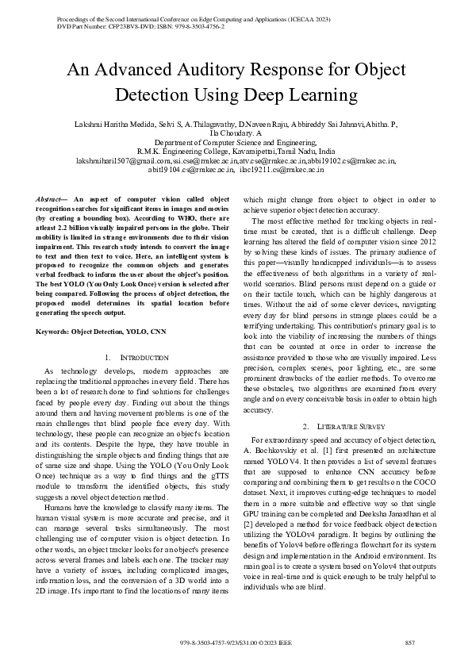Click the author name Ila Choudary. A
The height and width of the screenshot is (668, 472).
point(235,134)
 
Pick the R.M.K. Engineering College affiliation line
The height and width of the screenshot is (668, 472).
point(235,152)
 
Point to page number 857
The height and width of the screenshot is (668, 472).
point(410,641)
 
